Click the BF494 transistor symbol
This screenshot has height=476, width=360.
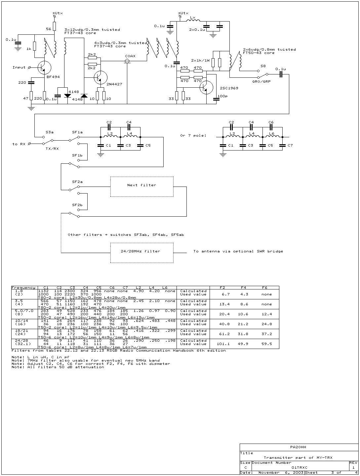(x=44, y=67)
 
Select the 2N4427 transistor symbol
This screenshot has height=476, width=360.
(x=100, y=77)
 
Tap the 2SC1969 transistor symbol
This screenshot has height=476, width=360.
(x=206, y=87)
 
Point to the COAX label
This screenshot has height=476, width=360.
(x=130, y=56)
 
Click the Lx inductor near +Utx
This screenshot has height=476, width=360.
(x=193, y=21)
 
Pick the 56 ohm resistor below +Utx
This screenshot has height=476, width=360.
(x=55, y=26)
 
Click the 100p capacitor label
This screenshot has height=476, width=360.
(x=222, y=96)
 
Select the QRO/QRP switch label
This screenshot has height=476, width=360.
(x=261, y=81)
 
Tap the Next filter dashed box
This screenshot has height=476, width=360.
(x=142, y=187)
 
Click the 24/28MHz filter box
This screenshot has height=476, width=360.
(x=142, y=253)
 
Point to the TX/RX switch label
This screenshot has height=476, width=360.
(x=52, y=149)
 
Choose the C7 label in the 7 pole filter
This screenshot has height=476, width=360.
(x=290, y=145)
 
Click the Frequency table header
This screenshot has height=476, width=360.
(x=23, y=287)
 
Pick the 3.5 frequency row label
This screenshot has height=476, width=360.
(x=19, y=301)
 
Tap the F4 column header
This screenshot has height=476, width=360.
(x=243, y=287)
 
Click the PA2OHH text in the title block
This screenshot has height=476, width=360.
(x=298, y=447)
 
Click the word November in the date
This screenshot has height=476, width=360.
(x=269, y=473)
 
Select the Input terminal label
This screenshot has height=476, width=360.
(x=19, y=67)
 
